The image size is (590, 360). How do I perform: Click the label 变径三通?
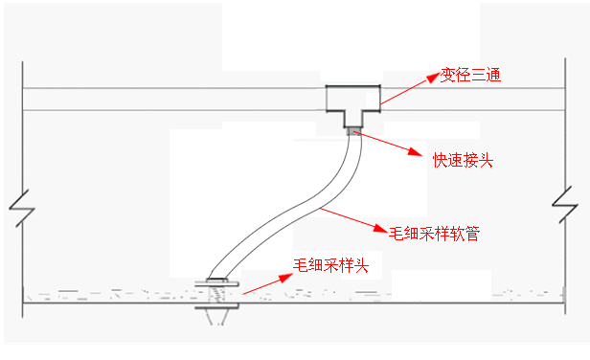tap(470, 76)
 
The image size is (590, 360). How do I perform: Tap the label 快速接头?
tap(464, 160)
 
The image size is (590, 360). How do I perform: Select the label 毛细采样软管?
tap(434, 234)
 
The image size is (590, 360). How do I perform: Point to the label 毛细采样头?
tap(330, 265)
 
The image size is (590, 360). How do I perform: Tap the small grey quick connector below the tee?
tap(352, 132)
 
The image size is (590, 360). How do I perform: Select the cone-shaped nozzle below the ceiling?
tap(217, 317)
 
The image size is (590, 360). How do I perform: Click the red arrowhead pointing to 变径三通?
tap(433, 78)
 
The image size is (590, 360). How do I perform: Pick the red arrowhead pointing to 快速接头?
tap(416, 151)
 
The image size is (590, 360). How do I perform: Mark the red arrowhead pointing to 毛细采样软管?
tap(380, 228)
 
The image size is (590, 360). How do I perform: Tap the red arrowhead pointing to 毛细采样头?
tap(285, 278)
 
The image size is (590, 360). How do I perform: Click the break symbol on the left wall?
tap(22, 208)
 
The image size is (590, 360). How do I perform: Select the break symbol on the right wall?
tap(565, 205)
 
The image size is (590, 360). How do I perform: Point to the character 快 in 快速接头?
tap(441, 160)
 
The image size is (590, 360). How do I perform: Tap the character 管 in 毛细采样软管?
tap(473, 234)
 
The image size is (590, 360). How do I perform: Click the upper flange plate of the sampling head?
tap(216, 283)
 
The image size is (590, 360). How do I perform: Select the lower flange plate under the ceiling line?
tap(216, 307)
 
